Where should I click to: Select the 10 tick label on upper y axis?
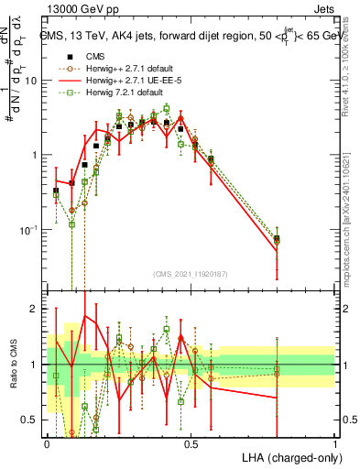click(31, 80)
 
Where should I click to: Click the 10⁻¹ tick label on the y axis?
click(27, 229)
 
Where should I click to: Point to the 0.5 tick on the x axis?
click(191, 443)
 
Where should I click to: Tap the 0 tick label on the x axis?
click(48, 443)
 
